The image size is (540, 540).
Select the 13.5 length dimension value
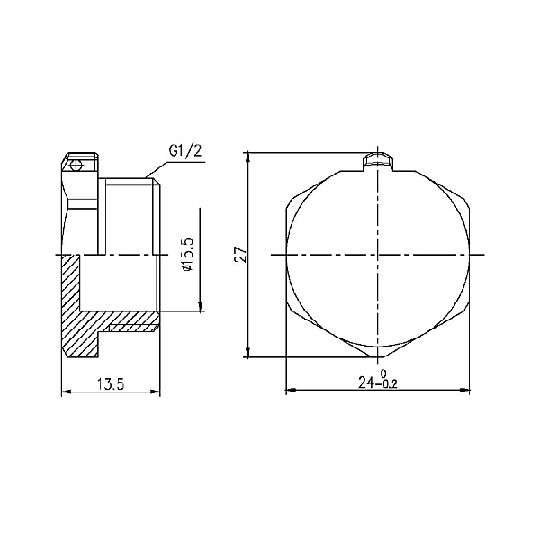[109, 384]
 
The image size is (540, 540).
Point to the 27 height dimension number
[239, 255]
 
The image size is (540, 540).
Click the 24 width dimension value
[366, 382]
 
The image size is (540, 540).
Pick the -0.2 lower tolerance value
[387, 386]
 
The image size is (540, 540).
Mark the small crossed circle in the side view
[76, 166]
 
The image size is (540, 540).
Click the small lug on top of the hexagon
[378, 162]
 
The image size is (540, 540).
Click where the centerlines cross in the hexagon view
[378, 255]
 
